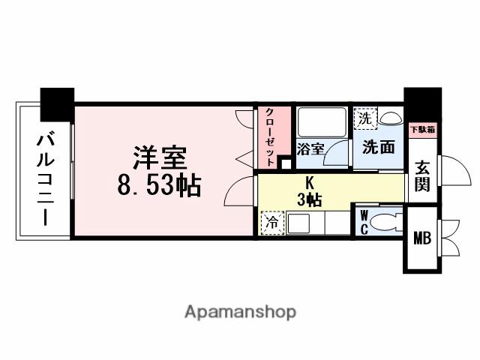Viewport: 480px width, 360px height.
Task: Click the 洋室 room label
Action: [x=160, y=159]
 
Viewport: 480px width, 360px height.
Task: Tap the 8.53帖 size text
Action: [x=159, y=186]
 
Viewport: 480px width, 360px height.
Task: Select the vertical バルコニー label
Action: [x=43, y=178]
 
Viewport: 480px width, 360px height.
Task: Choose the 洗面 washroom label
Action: [x=378, y=147]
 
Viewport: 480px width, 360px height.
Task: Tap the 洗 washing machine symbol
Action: [x=365, y=118]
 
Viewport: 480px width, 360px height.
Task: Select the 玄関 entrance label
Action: [x=422, y=177]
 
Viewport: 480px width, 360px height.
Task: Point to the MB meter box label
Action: [x=422, y=239]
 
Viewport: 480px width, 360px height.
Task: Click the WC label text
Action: [x=363, y=223]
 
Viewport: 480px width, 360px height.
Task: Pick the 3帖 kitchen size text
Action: [x=309, y=199]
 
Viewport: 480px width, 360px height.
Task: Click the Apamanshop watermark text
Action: [x=240, y=311]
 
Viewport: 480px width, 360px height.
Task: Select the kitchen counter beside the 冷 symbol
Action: [x=315, y=223]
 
